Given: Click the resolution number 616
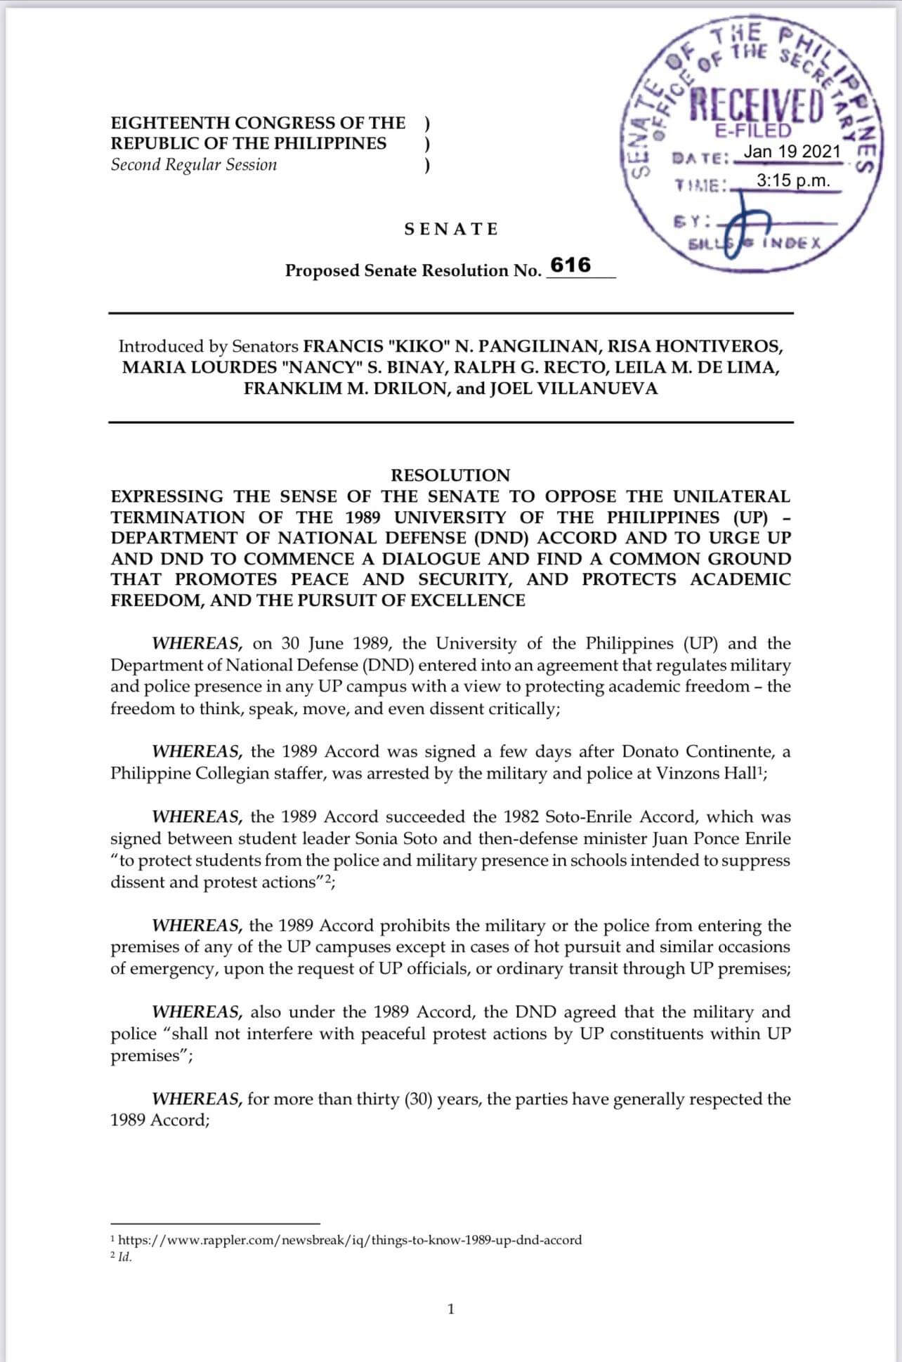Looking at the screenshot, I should [x=570, y=265].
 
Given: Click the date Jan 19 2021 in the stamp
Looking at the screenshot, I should [x=792, y=152].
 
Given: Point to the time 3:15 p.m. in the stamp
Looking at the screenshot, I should [x=793, y=180].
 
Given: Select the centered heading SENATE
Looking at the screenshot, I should [x=451, y=229].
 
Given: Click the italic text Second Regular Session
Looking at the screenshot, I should [x=194, y=165].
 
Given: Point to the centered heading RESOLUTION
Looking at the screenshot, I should [x=450, y=475].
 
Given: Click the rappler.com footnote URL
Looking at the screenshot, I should [x=350, y=1240].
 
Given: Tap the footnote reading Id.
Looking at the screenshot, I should [x=124, y=1257].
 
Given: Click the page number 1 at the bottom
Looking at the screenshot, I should [x=451, y=1309].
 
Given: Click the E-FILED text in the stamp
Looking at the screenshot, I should [x=753, y=131].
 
